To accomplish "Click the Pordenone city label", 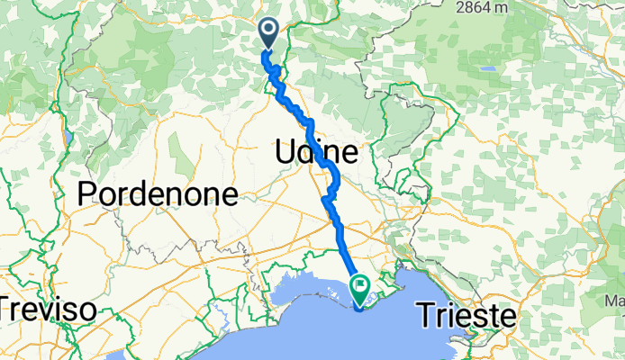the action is (x=159, y=194).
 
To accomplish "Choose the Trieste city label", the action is (x=466, y=315).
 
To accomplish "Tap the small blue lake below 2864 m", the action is (x=488, y=68).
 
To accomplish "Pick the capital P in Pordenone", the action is (x=87, y=194).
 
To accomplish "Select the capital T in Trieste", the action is (x=424, y=315).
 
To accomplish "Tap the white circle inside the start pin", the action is (x=269, y=31).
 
